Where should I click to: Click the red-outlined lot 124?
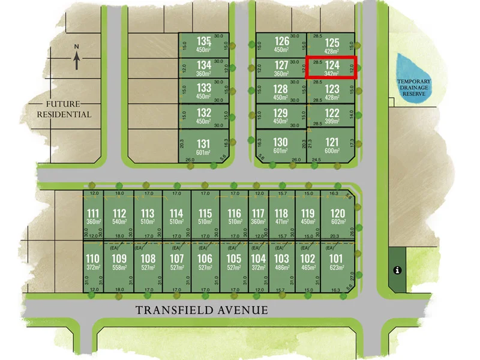tap(332, 67)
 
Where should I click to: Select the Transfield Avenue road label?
tap(202, 310)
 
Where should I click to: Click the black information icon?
tap(397, 271)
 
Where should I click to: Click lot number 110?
tap(93, 259)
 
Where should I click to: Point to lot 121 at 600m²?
tap(332, 145)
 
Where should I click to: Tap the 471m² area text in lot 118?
tap(281, 222)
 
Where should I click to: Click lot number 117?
tap(258, 213)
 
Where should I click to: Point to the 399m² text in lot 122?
tap(332, 121)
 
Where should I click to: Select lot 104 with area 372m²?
tap(258, 262)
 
